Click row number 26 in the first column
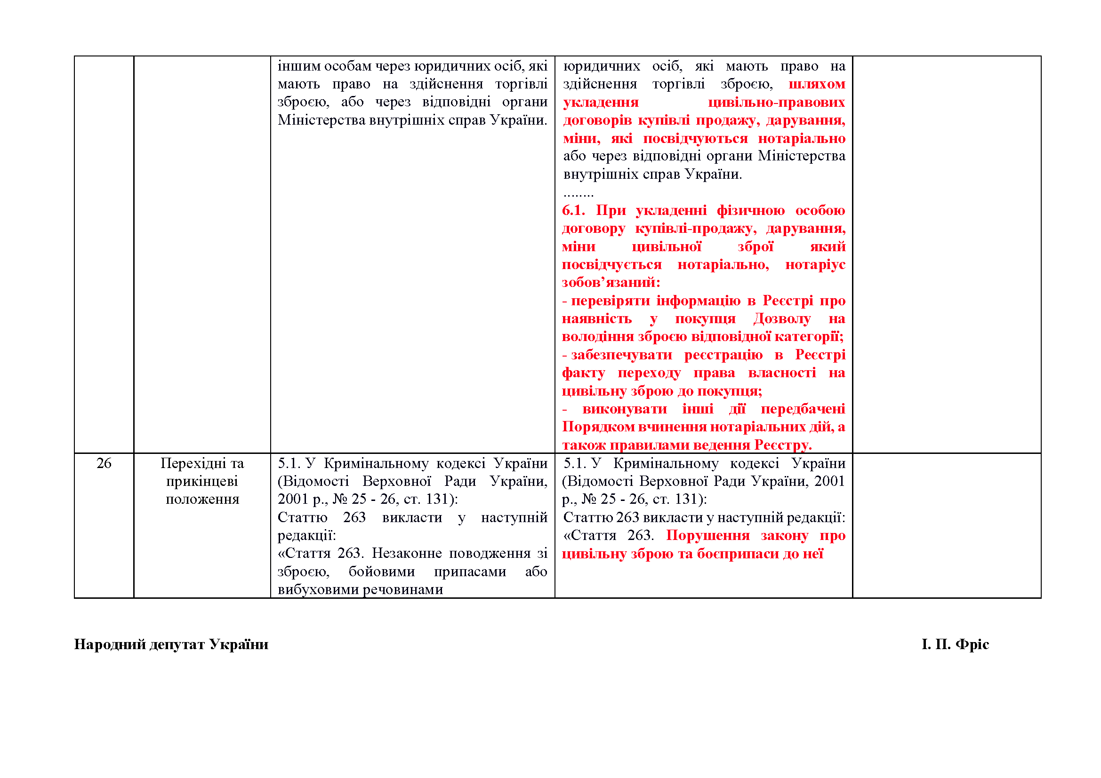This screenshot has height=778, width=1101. (x=104, y=463)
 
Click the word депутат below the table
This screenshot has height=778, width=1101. (x=177, y=644)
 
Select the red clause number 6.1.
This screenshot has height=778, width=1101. (x=573, y=210)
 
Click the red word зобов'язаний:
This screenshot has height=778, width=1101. (x=611, y=283)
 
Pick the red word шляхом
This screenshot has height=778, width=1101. (x=817, y=84)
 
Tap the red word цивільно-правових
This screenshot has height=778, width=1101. (x=776, y=103)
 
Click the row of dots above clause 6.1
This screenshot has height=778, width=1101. (x=579, y=194)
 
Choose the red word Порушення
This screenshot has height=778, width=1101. (x=708, y=535)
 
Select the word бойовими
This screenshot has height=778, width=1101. (x=381, y=572)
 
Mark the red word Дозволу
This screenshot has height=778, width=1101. (x=782, y=318)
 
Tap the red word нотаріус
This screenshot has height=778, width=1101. (x=815, y=264)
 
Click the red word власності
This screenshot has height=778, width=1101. (x=782, y=373)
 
